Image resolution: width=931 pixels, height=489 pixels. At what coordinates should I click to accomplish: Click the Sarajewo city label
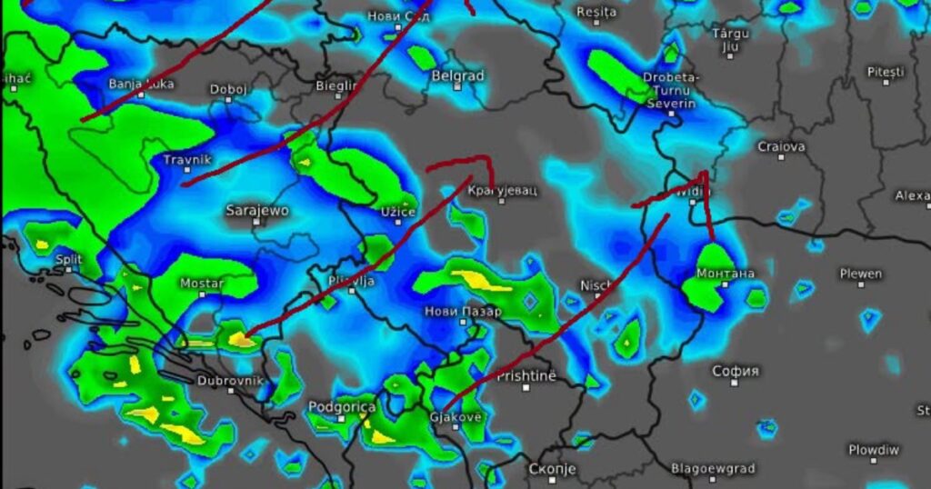tap(257, 211)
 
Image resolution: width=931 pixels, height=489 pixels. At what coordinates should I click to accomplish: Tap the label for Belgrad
tap(458, 76)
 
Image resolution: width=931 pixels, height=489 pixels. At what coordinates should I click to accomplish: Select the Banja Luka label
tap(140, 85)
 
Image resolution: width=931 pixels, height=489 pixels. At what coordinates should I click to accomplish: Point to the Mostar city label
tap(201, 284)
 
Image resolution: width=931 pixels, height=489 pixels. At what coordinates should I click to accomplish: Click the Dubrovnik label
tap(230, 381)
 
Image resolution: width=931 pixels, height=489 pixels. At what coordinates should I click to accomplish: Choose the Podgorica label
tap(342, 407)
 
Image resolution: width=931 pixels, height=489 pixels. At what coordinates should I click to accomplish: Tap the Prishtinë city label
tap(526, 375)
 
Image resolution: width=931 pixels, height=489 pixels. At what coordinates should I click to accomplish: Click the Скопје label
tap(552, 469)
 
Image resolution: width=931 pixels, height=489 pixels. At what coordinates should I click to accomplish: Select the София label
tap(736, 371)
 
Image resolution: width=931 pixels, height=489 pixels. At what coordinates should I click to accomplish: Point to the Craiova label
tap(781, 145)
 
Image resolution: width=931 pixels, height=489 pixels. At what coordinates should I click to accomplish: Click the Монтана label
tap(725, 274)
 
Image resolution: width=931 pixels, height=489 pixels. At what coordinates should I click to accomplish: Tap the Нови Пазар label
tap(463, 311)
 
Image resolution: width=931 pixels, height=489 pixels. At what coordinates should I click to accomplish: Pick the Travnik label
tap(186, 160)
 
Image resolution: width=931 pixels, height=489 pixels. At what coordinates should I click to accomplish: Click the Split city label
tap(68, 259)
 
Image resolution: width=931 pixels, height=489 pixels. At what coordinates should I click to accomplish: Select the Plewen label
tap(860, 274)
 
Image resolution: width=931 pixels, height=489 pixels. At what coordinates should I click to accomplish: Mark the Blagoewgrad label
tap(713, 469)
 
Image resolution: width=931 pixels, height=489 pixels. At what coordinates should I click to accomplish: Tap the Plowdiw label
tap(874, 450)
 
